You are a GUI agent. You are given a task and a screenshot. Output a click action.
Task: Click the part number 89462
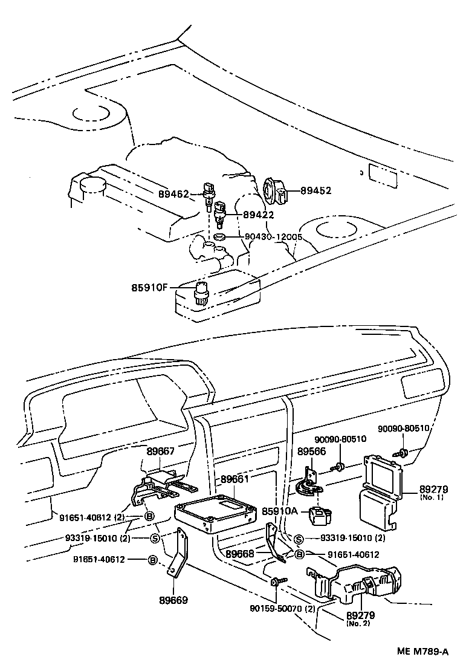174,194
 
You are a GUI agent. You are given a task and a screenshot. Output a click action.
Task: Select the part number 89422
259,214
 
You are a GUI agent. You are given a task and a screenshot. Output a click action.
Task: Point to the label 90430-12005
273,237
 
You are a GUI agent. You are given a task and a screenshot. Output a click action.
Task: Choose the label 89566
311,451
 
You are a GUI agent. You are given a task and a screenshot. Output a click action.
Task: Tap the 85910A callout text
280,511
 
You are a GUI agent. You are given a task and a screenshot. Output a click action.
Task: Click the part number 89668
241,553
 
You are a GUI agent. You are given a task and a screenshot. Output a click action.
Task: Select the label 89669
173,600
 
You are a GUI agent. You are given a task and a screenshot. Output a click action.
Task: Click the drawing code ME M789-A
422,652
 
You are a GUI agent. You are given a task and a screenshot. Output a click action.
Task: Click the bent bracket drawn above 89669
178,556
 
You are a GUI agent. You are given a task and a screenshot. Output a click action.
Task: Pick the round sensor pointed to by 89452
275,191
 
